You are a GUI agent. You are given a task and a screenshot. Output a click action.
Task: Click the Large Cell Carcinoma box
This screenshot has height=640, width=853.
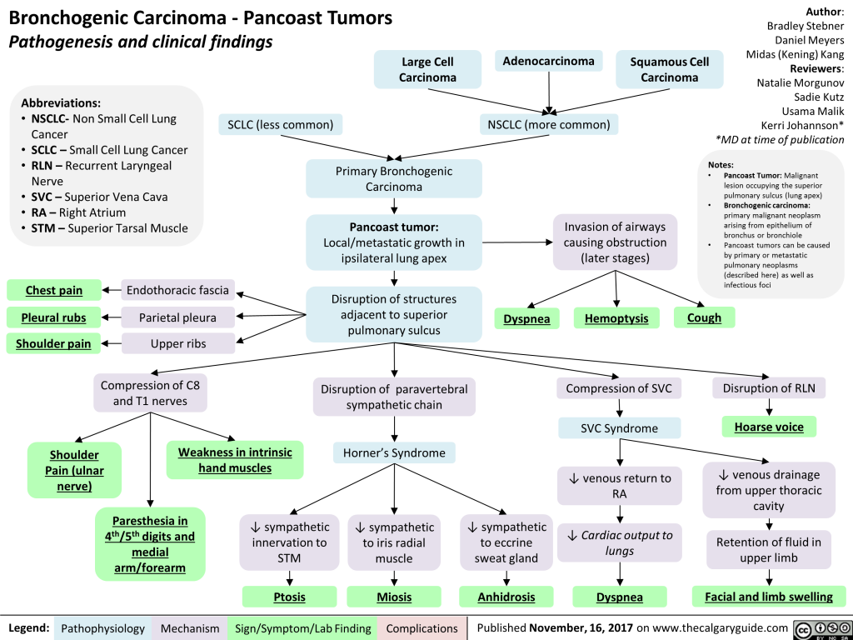pos(427,69)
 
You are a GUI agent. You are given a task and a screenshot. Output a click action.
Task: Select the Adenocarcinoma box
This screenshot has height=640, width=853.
pos(548,61)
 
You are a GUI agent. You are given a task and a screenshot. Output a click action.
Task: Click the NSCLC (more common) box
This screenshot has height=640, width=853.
pos(548,125)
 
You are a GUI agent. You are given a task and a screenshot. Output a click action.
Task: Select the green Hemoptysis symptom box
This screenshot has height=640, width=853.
pos(616,317)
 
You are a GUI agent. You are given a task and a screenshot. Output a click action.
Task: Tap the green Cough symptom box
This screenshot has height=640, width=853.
pos(704,317)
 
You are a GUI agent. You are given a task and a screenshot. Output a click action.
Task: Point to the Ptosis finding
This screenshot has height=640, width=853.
pos(289,597)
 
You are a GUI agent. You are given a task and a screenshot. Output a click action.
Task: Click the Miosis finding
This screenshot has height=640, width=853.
pos(393,597)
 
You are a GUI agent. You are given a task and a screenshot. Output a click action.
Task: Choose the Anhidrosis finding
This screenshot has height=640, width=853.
pos(506,597)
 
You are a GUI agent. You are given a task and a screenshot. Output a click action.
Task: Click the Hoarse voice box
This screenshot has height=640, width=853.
pos(768,427)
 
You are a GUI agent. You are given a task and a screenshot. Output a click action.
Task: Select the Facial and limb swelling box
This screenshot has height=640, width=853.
pos(768,597)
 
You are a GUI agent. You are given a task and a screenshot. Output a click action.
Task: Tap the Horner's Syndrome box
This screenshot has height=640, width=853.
pos(394,453)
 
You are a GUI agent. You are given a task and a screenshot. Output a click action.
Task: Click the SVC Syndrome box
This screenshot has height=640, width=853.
pos(619,428)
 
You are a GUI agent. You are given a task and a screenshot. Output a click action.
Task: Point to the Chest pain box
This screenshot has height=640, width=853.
pos(54,290)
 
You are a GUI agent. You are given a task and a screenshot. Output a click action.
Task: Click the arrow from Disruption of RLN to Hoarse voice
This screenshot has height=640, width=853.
pos(768,407)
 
